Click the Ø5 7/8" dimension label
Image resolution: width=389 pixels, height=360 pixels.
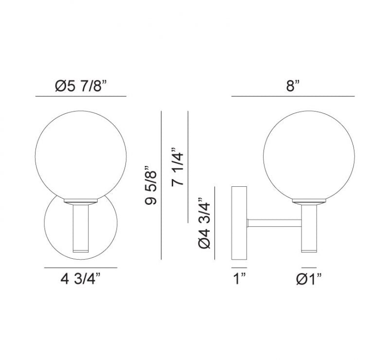(81, 87)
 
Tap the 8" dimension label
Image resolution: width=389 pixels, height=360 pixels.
(293, 86)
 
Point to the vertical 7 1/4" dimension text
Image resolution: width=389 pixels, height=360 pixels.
(177, 166)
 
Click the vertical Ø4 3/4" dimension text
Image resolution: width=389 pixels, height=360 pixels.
(204, 223)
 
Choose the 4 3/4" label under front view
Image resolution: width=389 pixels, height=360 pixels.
(81, 279)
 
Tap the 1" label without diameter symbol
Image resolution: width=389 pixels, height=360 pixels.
(239, 279)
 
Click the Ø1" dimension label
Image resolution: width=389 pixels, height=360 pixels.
(309, 279)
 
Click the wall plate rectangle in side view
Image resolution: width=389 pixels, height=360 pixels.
(239, 223)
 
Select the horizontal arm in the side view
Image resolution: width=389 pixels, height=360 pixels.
(274, 223)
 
